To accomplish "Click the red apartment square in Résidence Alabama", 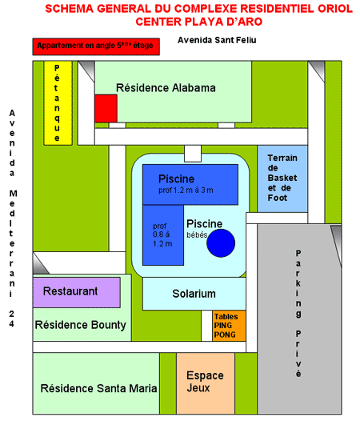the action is tap(106, 109).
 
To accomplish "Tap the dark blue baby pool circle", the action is tap(221, 243).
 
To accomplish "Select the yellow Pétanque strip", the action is tap(58, 103).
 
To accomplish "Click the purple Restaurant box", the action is tap(77, 292).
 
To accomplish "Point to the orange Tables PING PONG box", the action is tap(229, 326).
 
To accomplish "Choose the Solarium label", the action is tap(194, 294).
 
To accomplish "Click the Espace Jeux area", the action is tap(206, 383).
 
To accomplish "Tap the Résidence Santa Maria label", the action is tap(98, 388).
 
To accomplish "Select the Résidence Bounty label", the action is tap(81, 325).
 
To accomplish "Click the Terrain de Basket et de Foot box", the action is tap(282, 178).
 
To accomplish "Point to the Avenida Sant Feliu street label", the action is tap(217, 40).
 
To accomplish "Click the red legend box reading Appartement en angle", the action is tap(96, 46).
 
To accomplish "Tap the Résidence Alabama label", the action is tap(166, 88).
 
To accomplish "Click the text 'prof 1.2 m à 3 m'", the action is tap(186, 190).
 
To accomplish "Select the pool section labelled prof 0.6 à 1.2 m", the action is tap(163, 235).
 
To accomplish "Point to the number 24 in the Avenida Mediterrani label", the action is tap(11, 319).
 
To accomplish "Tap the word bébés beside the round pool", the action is tap(197, 235).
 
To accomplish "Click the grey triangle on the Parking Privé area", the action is tap(337, 242).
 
